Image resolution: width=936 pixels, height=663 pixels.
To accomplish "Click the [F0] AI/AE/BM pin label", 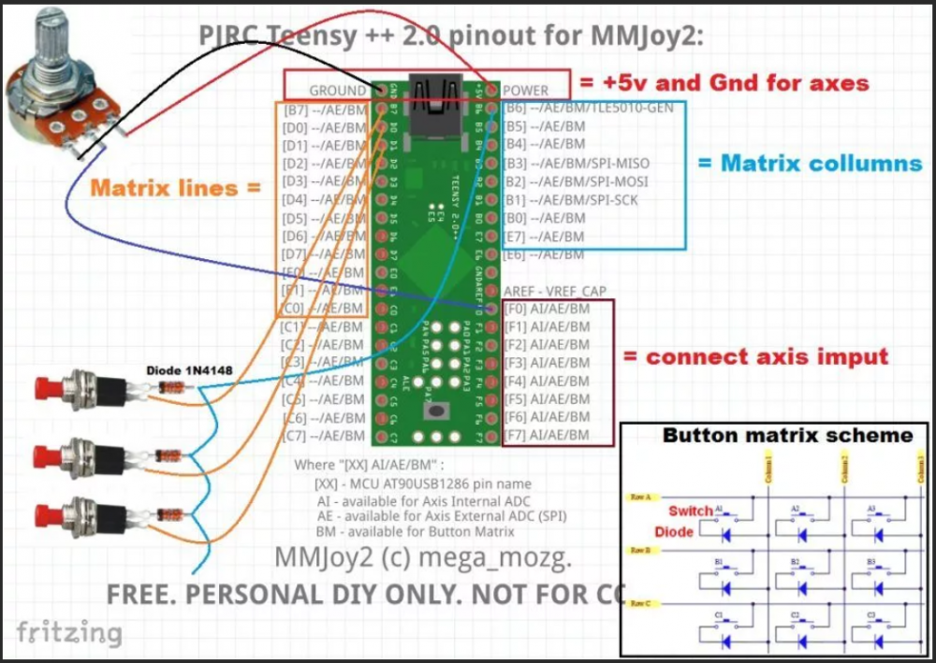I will coord(547,309).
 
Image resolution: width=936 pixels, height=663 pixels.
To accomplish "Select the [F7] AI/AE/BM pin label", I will coord(547,435).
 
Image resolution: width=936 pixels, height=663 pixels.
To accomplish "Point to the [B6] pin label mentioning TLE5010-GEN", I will coord(589,108).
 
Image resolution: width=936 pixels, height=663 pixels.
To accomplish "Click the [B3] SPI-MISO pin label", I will coord(576,163).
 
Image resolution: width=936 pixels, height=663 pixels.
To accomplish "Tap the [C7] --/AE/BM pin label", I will coord(323,435).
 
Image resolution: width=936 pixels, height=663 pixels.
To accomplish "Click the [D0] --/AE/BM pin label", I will coord(323,127).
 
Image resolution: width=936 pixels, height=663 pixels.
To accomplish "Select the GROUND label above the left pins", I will coord(338,91).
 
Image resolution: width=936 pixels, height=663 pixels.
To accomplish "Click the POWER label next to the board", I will coord(526,91).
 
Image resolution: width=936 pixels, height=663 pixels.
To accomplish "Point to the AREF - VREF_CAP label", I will coord(556,291).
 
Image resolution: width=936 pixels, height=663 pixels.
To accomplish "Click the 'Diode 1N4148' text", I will coord(188,370).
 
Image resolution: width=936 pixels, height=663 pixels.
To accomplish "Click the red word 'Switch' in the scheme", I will coord(690,512).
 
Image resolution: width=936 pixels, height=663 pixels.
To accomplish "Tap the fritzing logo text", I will coord(69,632).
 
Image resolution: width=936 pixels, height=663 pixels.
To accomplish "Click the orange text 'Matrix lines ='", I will coord(174,188).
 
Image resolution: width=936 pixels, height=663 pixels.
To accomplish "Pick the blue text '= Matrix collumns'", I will coord(810,163).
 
